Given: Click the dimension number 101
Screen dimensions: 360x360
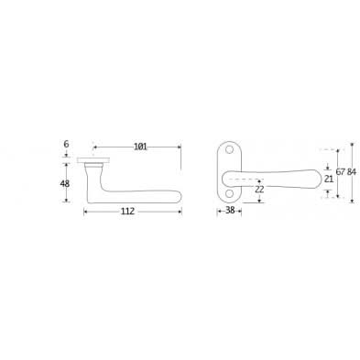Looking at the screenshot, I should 140,147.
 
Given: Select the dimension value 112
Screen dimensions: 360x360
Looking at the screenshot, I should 127,211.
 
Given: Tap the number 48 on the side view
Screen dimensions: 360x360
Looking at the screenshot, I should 66,182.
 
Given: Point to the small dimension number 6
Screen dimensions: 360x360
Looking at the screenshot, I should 66,145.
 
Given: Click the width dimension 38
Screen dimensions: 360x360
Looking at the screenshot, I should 230,210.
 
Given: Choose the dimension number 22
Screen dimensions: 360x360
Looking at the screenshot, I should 260,190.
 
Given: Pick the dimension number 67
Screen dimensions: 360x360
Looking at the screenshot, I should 340,171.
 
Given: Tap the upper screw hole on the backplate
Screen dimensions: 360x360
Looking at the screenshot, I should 227,154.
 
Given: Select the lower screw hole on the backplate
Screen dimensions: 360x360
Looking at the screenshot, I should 227,192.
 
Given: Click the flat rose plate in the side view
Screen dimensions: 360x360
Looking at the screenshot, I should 95,158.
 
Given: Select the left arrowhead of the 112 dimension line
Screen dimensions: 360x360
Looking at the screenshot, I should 86,211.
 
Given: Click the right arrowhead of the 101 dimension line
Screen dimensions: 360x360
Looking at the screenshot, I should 180,147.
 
